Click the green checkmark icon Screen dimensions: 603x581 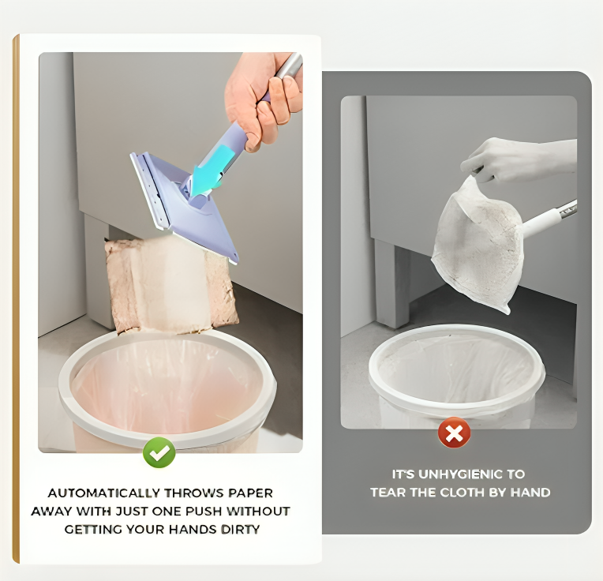(x=159, y=452)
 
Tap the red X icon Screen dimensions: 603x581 (x=454, y=433)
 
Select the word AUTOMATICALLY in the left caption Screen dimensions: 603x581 (x=104, y=493)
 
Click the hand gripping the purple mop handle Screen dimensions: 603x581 (x=262, y=98)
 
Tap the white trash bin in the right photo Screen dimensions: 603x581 (x=456, y=376)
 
